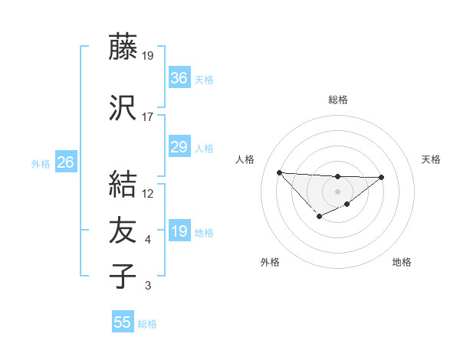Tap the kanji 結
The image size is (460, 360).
[123, 185]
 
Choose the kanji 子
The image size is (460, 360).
[123, 276]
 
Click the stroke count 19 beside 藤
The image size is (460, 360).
[149, 55]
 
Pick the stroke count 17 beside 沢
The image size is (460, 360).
[148, 117]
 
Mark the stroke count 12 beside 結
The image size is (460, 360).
[148, 194]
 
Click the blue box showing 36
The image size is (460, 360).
[179, 77]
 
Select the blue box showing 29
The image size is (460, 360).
[179, 147]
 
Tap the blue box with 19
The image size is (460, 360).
[179, 231]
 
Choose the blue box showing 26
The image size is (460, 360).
[66, 162]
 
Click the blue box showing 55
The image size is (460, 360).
[123, 322]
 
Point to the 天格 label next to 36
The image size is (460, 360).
[204, 79]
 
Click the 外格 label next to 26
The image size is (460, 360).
[41, 163]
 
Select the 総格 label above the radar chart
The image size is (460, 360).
[338, 100]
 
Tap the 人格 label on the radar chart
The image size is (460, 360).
[245, 159]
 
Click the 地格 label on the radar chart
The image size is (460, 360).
[402, 262]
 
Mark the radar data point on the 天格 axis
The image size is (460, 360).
[382, 178]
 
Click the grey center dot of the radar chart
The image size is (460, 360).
[337, 191]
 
